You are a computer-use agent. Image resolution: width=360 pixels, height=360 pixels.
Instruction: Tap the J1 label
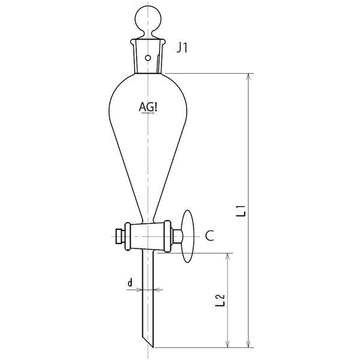[x=183, y=48]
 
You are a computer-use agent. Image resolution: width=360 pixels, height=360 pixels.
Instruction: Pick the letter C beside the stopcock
[x=209, y=236]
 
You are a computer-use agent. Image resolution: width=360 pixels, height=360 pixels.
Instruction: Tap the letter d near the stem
[x=129, y=280]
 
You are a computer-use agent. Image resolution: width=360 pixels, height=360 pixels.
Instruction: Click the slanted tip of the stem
[x=149, y=342]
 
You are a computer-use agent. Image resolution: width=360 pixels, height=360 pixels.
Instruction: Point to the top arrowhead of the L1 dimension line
[x=247, y=77]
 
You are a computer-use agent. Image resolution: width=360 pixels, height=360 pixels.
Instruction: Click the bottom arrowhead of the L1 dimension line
[x=247, y=344]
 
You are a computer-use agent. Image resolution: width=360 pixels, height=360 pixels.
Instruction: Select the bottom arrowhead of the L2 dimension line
[x=227, y=344]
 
